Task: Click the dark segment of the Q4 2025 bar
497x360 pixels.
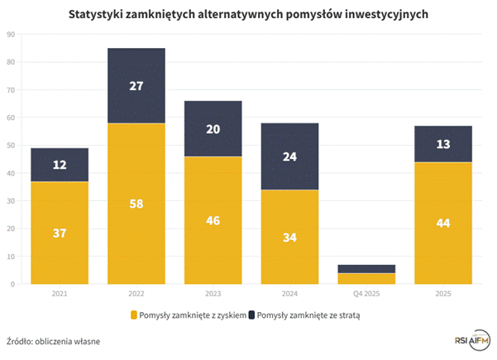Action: tap(366, 268)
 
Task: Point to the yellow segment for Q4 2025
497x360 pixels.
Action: tap(366, 278)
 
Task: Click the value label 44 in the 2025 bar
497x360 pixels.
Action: tap(443, 223)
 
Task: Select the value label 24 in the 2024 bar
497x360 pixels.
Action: tap(289, 156)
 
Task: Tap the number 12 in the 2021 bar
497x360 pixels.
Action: tap(59, 165)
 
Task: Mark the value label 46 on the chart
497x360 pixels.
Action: tap(213, 220)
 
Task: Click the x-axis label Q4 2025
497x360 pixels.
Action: tap(366, 294)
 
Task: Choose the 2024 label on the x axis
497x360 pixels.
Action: tap(289, 294)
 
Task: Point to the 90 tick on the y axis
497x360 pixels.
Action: tap(10, 34)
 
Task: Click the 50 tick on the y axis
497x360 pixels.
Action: tap(10, 145)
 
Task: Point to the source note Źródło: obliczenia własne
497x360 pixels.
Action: tap(54, 339)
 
